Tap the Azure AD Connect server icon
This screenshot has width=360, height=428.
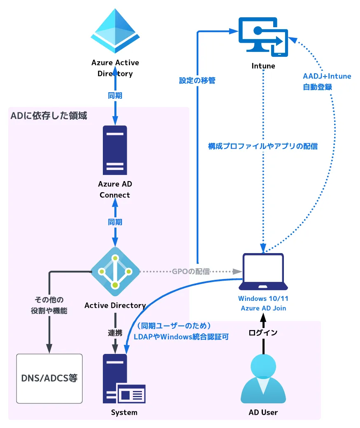pyautogui.click(x=115, y=150)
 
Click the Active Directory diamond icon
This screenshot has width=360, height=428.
pyautogui.click(x=115, y=271)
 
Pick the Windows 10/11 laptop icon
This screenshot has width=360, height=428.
pyautogui.click(x=263, y=272)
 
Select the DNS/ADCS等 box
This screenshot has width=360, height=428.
pyautogui.click(x=49, y=378)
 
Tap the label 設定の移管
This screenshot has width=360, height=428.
pyautogui.click(x=197, y=81)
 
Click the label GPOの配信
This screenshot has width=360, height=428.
pyautogui.click(x=190, y=272)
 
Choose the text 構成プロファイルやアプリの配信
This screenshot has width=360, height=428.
pyautogui.click(x=263, y=146)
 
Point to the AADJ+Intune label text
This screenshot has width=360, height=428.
pyautogui.click(x=327, y=76)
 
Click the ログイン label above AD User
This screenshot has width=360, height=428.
pyautogui.click(x=263, y=332)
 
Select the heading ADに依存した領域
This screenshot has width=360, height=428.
pyautogui.click(x=49, y=116)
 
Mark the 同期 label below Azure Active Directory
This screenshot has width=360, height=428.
pyautogui.click(x=115, y=95)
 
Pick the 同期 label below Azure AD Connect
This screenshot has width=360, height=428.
pyautogui.click(x=115, y=222)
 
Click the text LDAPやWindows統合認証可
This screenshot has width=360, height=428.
pyautogui.click(x=181, y=337)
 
